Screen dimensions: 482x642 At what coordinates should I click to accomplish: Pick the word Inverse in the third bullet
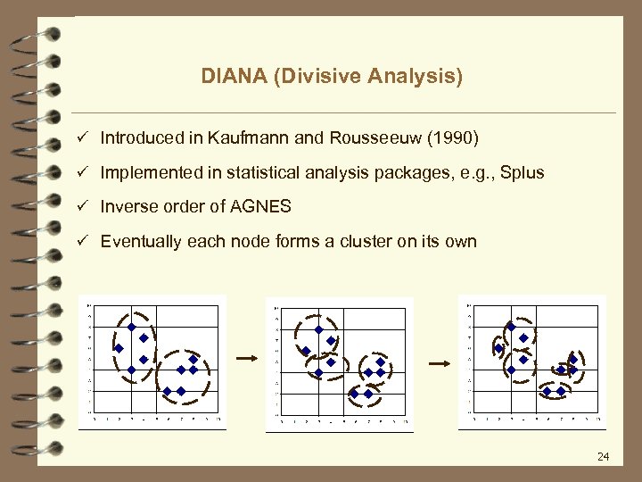pos(128,207)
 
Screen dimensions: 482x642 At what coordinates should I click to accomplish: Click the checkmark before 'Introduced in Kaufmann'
pos(82,138)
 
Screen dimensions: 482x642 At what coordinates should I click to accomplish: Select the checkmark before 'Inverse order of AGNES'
pos(82,207)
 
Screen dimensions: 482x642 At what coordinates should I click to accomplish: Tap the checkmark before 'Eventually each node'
pos(82,241)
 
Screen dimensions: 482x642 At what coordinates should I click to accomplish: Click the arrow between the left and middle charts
pos(247,358)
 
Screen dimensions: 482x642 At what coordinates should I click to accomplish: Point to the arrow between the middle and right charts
pos(440,363)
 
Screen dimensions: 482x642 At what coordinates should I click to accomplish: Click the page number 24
pos(603,457)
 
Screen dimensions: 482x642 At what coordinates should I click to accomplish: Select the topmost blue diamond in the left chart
pos(131,328)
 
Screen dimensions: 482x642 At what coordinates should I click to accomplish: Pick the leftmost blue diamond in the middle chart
pos(305,351)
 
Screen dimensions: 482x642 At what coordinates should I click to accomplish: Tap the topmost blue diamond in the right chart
pos(511,326)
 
